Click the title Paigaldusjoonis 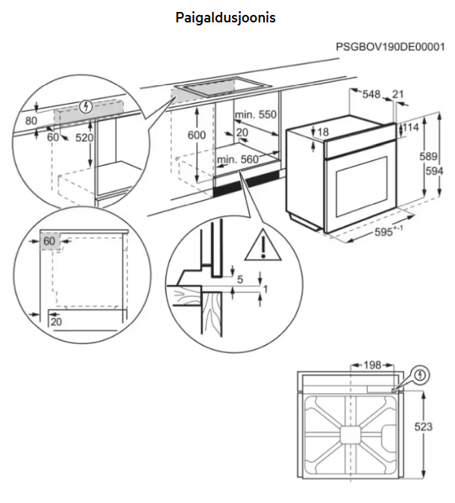click(x=225, y=17)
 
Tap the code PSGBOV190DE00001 click(x=390, y=46)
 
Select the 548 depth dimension click(x=371, y=94)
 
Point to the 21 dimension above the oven click(x=398, y=94)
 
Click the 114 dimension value click(x=411, y=128)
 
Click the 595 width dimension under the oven click(x=383, y=232)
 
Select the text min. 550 click(x=256, y=116)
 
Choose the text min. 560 click(x=237, y=160)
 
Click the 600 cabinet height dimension click(x=196, y=135)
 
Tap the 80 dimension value click(x=31, y=120)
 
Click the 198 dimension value click(x=371, y=365)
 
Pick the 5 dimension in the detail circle click(x=240, y=279)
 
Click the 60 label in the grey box click(x=50, y=242)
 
